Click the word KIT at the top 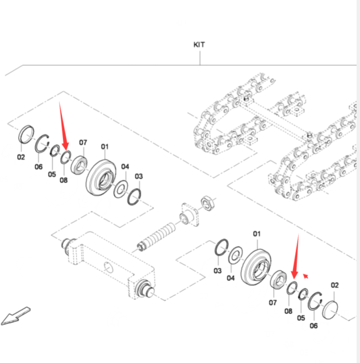(x=199, y=44)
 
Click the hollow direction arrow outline (x=15, y=316)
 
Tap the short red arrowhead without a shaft (x=306, y=276)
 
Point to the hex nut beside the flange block (x=207, y=202)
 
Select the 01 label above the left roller (x=104, y=147)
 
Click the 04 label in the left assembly (x=125, y=167)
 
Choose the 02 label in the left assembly (x=21, y=157)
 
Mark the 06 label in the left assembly (x=39, y=166)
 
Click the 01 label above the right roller (x=256, y=233)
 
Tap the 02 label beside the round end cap (x=334, y=285)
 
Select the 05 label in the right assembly (x=301, y=319)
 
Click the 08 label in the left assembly (x=63, y=180)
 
